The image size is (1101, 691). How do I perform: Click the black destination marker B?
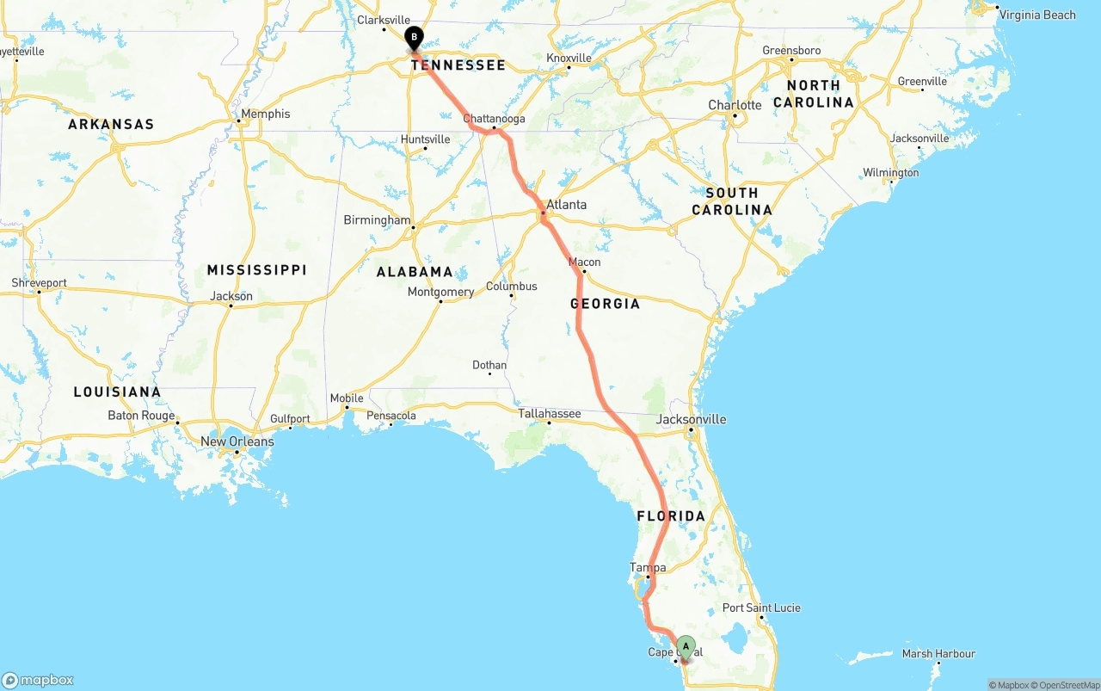point(415,37)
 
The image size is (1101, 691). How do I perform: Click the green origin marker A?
point(686,645)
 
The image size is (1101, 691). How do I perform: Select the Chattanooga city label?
point(494,119)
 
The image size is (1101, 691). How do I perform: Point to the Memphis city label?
point(266,114)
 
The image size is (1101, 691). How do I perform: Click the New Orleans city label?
point(237,441)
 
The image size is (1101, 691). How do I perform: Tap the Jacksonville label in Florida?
point(691,419)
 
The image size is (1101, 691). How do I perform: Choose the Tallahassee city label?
point(550,414)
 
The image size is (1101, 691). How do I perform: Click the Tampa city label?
point(648,567)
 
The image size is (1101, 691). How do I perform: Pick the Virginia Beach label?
point(1037,15)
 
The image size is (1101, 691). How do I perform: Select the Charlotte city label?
point(735,105)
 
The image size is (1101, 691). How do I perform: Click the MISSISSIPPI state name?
point(256,270)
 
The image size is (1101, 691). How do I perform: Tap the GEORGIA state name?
point(605,304)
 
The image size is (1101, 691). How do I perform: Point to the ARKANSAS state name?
point(111,124)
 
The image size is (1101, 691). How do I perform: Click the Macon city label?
point(585,262)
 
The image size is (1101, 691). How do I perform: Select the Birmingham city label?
point(377,219)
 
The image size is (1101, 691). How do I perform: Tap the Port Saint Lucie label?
point(761,608)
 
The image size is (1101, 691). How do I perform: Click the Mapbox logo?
point(38,680)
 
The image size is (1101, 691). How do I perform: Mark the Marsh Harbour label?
point(938,654)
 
